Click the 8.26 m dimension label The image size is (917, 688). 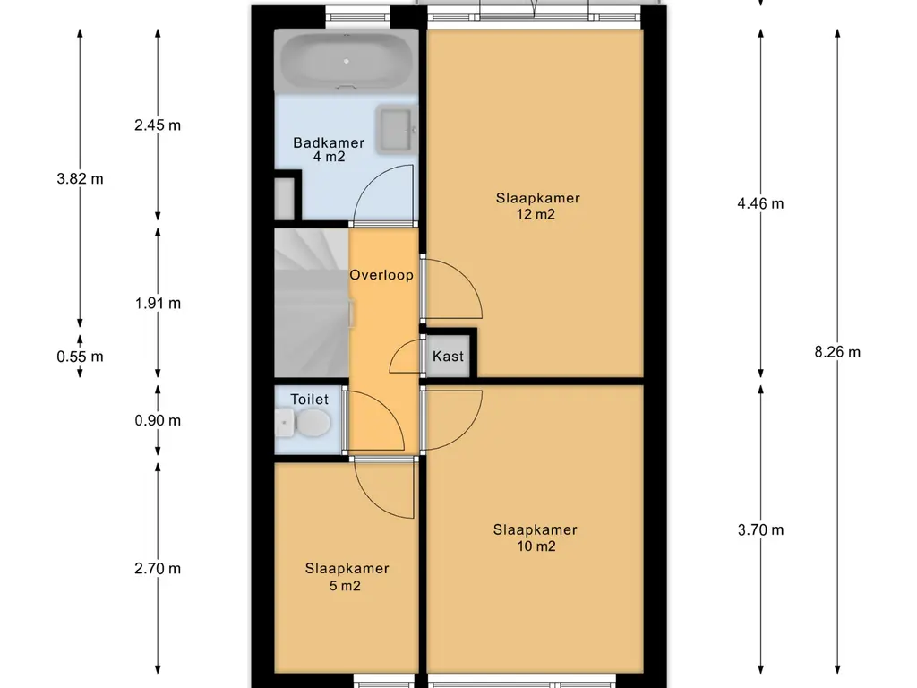[x=837, y=352]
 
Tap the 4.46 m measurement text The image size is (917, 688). [x=760, y=203]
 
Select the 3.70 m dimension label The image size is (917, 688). [x=760, y=530]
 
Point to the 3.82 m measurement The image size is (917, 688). [x=80, y=179]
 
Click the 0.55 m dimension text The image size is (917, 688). [x=80, y=357]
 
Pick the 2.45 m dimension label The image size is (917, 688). [x=158, y=125]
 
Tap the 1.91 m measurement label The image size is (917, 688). [x=158, y=304]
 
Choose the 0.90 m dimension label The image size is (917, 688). [x=158, y=421]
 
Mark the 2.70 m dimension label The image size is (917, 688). [x=158, y=569]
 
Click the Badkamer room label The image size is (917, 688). [x=329, y=142]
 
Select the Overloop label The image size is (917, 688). [x=381, y=275]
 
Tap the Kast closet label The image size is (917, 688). [x=448, y=357]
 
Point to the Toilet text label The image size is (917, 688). [x=309, y=400]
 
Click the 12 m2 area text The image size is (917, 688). [x=536, y=215]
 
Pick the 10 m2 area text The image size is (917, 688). [x=536, y=546]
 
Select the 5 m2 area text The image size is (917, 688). [x=345, y=586]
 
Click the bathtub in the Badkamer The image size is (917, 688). [x=347, y=61]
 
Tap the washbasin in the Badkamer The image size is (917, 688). [x=397, y=129]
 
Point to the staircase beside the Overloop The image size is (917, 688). [x=313, y=302]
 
